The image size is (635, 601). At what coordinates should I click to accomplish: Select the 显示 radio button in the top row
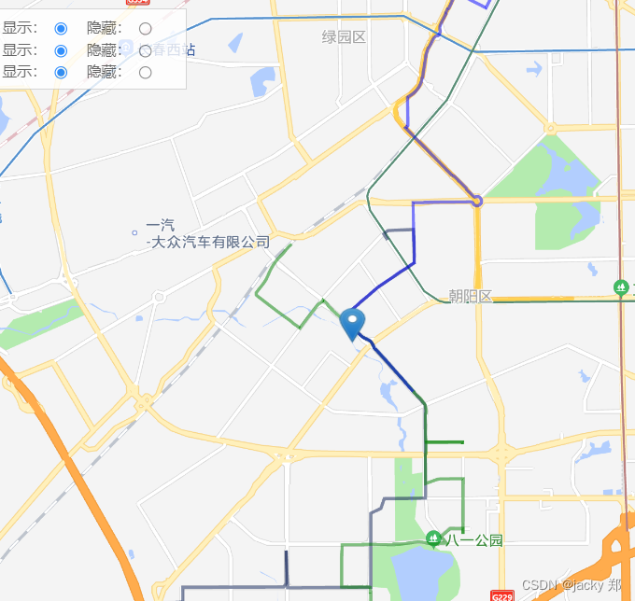[x=61, y=29]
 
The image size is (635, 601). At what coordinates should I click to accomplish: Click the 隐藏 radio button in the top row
[x=145, y=29]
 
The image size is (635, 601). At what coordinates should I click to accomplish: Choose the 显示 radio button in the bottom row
[x=61, y=72]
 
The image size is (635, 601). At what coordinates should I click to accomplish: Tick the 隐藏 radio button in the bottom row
[x=145, y=72]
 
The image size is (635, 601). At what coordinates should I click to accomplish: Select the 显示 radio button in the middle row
[x=61, y=50]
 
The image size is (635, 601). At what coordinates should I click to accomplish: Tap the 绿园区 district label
[x=344, y=37]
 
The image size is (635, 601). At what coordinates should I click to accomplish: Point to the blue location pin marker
[x=353, y=323]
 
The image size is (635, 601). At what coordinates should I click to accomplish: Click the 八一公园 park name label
[x=474, y=540]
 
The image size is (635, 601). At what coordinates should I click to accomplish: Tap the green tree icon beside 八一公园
[x=433, y=538]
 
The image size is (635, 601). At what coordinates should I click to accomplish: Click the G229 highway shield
[x=502, y=595]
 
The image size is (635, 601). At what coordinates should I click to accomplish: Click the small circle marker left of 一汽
[x=135, y=232]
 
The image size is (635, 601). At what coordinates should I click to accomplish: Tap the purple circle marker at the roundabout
[x=477, y=201]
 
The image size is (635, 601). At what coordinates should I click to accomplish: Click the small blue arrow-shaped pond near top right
[x=533, y=68]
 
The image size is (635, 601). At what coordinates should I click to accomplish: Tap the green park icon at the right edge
[x=620, y=287]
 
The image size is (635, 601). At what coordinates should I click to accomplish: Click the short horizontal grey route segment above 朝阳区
[x=399, y=230]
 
